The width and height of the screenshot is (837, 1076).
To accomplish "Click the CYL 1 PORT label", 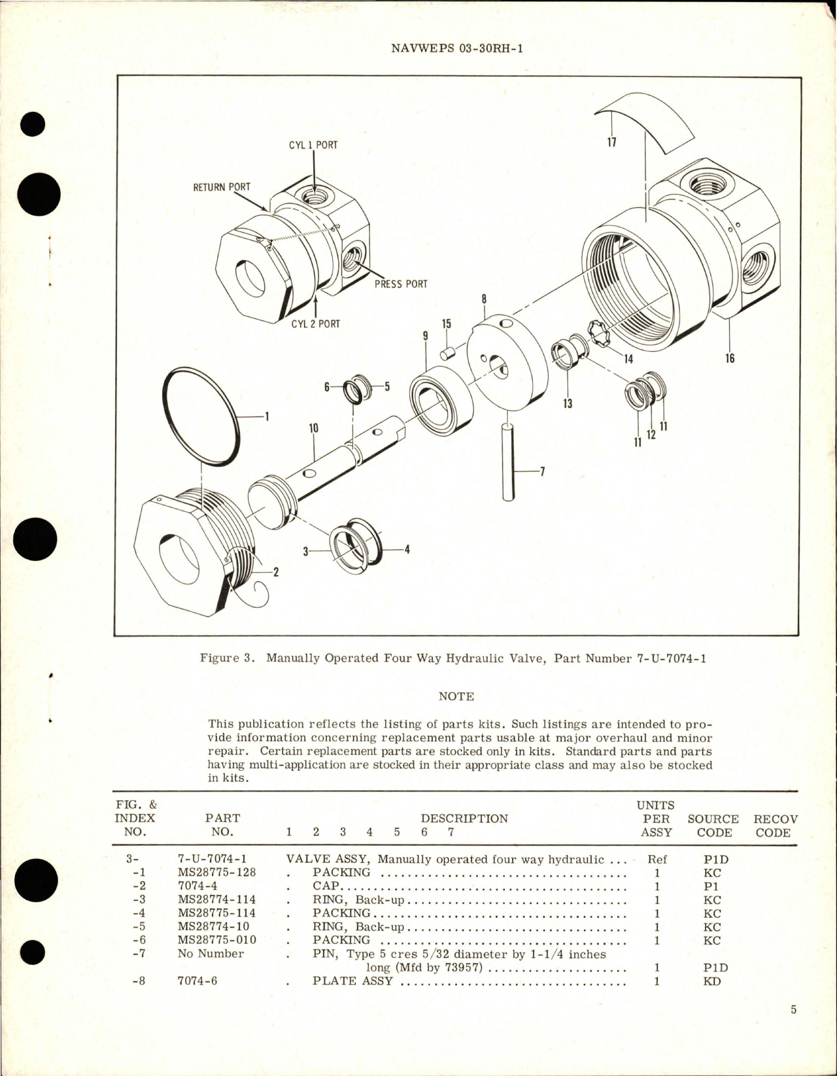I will [x=313, y=145].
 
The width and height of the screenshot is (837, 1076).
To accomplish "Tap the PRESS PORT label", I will [x=400, y=284].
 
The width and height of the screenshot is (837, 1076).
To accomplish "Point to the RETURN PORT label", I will [x=221, y=187].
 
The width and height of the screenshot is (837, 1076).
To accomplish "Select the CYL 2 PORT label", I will [x=315, y=324].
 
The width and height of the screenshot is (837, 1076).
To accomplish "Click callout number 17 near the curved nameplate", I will [x=611, y=142].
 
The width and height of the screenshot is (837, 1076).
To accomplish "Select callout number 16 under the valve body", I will [x=729, y=358].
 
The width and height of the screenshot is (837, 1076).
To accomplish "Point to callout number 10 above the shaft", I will [x=313, y=428].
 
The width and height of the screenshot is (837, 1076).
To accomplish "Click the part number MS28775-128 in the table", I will [x=216, y=873].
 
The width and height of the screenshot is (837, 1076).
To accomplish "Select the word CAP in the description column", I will [x=326, y=886].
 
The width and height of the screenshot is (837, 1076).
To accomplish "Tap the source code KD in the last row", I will [x=712, y=981].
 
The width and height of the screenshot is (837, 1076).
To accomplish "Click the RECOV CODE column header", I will [x=775, y=826].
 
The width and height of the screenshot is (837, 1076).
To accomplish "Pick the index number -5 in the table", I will [x=139, y=926].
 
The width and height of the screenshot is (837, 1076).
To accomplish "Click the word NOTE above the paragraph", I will [x=456, y=697].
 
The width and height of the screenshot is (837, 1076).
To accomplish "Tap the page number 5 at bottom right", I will [x=793, y=1010].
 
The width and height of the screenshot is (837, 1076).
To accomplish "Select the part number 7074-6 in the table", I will [x=197, y=981].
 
